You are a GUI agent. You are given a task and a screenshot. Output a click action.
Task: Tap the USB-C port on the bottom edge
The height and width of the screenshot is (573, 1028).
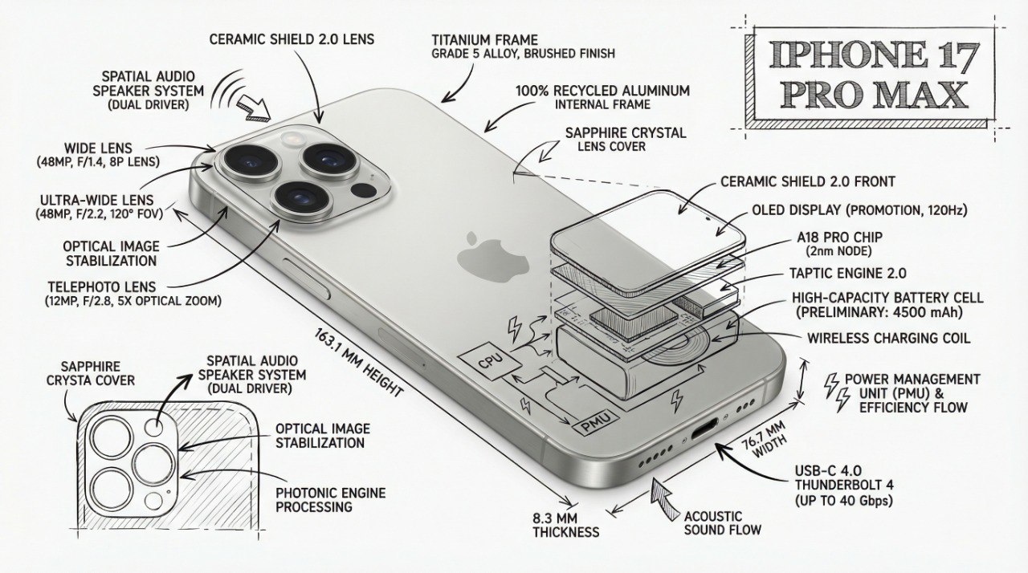point(703,433)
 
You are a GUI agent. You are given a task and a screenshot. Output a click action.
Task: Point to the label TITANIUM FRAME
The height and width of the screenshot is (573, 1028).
point(484,39)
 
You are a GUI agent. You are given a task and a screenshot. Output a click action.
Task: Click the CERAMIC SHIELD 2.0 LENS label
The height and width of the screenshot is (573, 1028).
point(292,39)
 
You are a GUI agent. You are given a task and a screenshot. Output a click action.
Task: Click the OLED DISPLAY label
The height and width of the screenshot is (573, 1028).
point(859,210)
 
